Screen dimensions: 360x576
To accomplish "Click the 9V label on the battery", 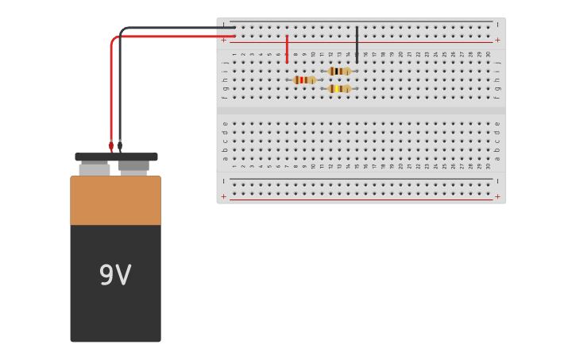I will [x=115, y=276].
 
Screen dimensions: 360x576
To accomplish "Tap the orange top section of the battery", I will [x=115, y=200].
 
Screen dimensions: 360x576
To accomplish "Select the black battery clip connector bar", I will [x=116, y=157].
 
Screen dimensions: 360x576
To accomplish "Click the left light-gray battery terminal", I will [x=95, y=169].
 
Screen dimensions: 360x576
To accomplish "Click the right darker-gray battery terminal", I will [x=133, y=167].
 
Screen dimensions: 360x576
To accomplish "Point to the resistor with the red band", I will [x=303, y=79].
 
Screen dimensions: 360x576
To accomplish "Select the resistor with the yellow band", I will [x=339, y=88].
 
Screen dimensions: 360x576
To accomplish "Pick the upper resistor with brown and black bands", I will [x=339, y=71].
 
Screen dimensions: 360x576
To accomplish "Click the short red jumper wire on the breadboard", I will [x=287, y=49].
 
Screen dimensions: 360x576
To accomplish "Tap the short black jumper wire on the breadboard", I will [x=357, y=45].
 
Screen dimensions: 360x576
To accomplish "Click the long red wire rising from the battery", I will [x=111, y=87].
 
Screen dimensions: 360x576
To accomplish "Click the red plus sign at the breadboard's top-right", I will [x=497, y=40].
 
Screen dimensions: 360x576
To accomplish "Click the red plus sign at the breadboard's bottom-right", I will [x=497, y=196].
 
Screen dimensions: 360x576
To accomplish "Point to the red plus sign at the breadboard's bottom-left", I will [x=224, y=196].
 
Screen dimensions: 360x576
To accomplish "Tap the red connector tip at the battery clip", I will [x=111, y=145].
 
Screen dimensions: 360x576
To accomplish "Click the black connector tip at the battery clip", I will [x=120, y=145].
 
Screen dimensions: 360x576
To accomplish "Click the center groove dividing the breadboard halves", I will [x=361, y=110].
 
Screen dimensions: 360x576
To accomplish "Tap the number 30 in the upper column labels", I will [x=488, y=55].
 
